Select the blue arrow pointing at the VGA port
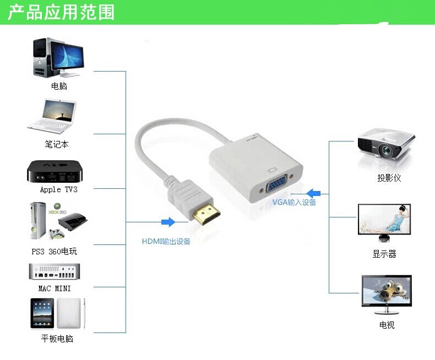(x=314, y=193)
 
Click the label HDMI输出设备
(x=166, y=241)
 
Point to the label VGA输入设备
(x=294, y=203)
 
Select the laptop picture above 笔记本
(x=53, y=117)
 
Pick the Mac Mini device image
(x=55, y=272)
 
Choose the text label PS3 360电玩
(x=54, y=252)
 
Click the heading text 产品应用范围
(x=61, y=12)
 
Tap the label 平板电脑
(x=57, y=339)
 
